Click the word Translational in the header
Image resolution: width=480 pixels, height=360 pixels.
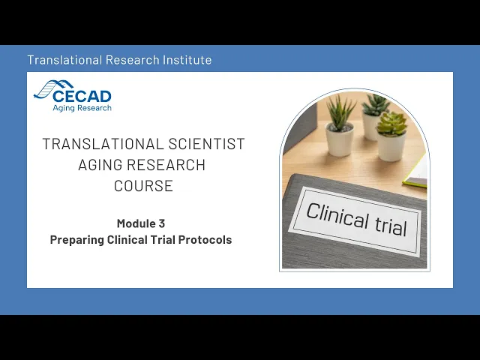pos(64,60)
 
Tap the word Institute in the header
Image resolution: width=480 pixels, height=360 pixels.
pos(187,60)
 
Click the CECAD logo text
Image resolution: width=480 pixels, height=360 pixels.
pos(82,97)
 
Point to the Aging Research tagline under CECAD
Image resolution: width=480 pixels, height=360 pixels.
pos(82,108)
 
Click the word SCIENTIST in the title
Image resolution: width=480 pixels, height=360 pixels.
pos(207,144)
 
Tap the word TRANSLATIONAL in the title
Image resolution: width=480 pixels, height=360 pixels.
pos(103,144)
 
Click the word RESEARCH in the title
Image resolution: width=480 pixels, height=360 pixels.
pos(166,165)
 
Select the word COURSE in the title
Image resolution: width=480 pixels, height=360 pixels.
pos(143,186)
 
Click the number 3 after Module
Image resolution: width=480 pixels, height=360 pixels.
pos(162,223)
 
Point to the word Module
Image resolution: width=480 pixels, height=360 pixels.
pos(136,223)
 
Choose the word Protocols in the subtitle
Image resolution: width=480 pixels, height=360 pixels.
pos(205,240)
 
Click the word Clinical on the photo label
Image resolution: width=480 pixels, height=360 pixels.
pos(337,215)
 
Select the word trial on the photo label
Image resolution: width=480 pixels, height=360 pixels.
pos(391,226)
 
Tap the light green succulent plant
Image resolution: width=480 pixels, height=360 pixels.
pos(391,123)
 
